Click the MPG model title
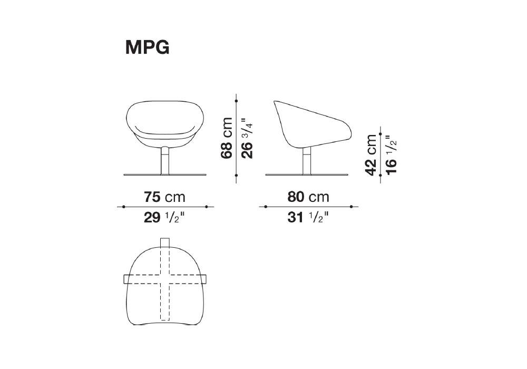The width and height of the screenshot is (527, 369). click(x=147, y=47)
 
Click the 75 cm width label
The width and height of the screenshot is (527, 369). click(x=164, y=197)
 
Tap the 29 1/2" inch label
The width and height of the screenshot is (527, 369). click(x=164, y=217)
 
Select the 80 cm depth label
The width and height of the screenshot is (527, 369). click(x=308, y=197)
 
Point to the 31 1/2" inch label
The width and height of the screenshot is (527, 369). click(x=308, y=217)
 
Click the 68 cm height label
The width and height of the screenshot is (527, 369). click(x=227, y=138)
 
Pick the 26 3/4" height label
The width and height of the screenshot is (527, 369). click(x=247, y=138)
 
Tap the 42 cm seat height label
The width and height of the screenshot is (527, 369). click(x=370, y=154)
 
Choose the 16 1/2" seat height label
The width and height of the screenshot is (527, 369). click(x=392, y=154)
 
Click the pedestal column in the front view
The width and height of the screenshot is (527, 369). click(x=164, y=161)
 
